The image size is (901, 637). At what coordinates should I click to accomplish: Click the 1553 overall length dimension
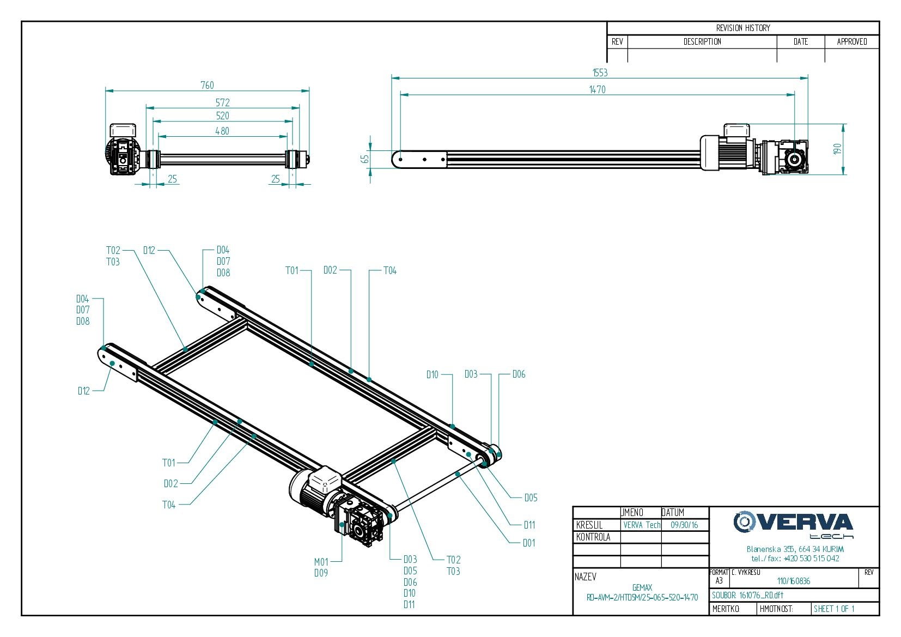tap(600, 73)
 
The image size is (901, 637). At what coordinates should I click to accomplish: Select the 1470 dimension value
tap(598, 90)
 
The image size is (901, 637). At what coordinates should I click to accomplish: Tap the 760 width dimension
tap(207, 86)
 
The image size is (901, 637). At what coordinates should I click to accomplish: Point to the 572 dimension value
tap(222, 102)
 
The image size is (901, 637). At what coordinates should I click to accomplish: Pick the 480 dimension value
tap(222, 131)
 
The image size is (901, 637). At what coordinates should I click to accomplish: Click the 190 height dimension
tap(837, 148)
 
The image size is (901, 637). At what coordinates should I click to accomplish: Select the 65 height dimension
tap(365, 159)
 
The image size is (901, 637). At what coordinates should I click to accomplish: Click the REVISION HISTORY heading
tap(743, 28)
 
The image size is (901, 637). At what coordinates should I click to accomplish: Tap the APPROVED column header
tap(852, 42)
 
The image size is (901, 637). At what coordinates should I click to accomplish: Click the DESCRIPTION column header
tap(702, 42)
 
